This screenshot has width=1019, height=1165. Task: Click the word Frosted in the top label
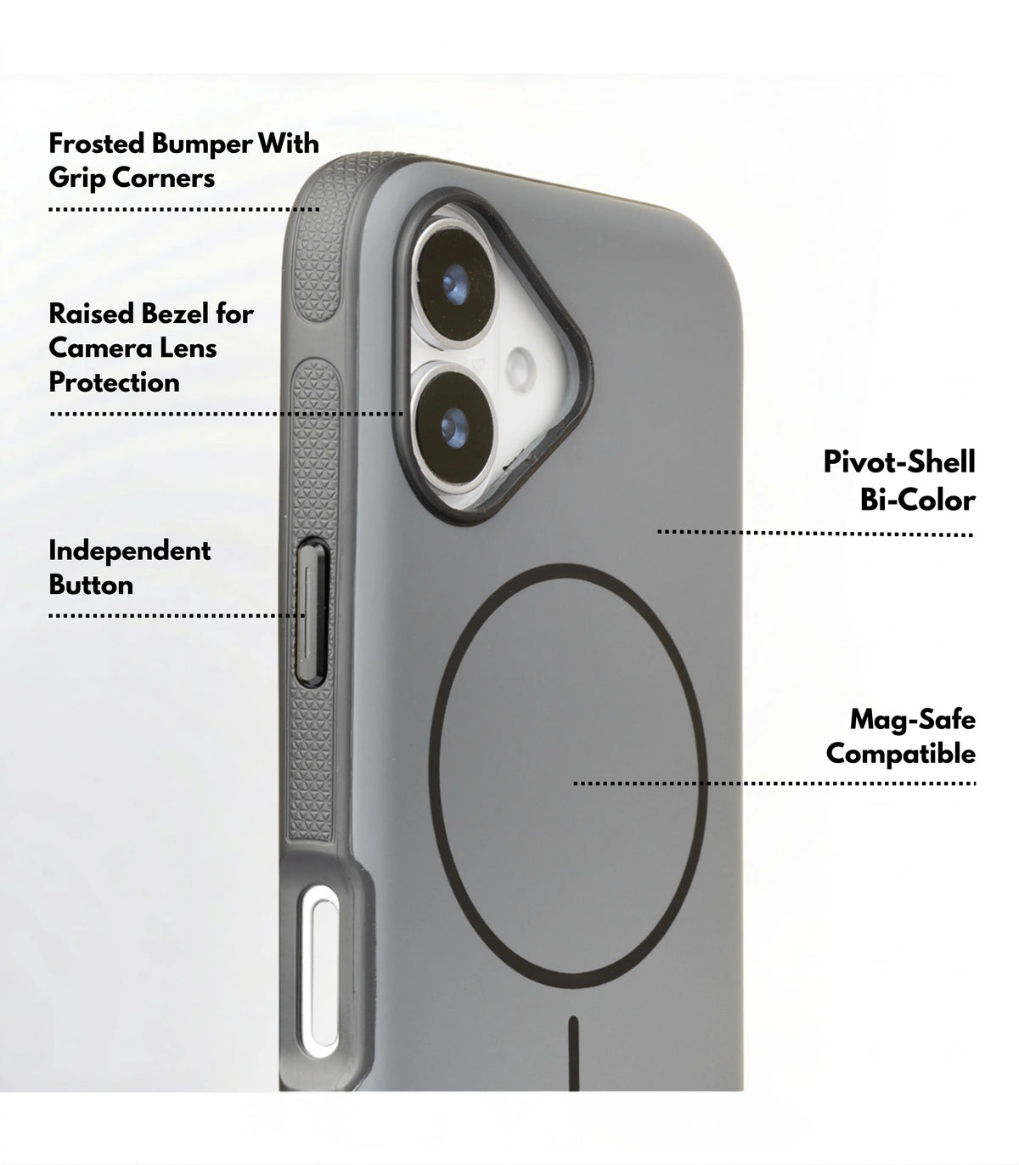tap(97, 143)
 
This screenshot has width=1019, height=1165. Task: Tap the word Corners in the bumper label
tap(163, 178)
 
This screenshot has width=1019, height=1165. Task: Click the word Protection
tap(115, 382)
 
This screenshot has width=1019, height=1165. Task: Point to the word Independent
tap(130, 551)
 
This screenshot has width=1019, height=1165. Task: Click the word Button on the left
tap(91, 585)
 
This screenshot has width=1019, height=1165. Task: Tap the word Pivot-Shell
tap(899, 461)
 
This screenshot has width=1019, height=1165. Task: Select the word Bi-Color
tap(917, 500)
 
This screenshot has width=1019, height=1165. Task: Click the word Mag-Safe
tap(913, 719)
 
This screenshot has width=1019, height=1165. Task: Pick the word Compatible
tap(901, 754)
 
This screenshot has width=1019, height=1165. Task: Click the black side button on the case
tap(312, 612)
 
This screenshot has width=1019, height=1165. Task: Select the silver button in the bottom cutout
tap(319, 972)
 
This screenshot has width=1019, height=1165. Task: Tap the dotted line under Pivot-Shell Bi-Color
tap(814, 533)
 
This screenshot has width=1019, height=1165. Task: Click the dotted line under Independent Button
tap(177, 615)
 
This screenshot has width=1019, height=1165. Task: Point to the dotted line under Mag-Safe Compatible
tap(774, 783)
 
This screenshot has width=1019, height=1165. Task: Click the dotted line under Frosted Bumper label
tap(183, 210)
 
